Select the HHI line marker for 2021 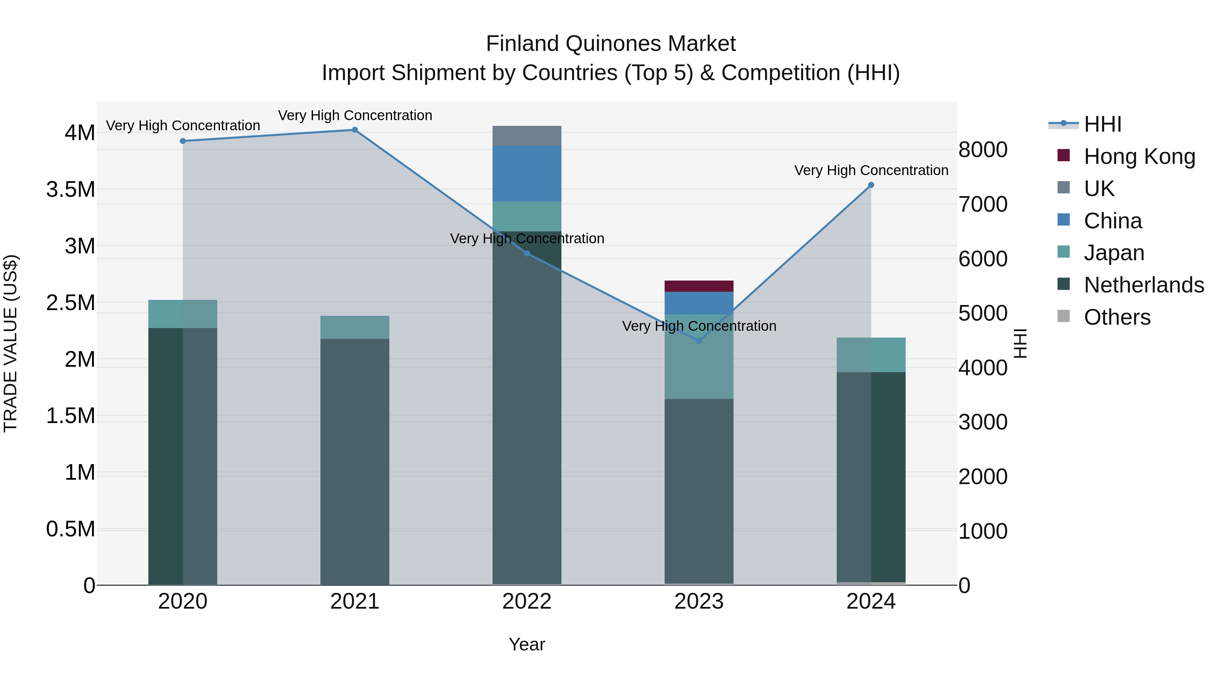[355, 130]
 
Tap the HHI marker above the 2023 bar [699, 340]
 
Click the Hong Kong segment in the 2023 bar [699, 286]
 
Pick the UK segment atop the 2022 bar [526, 136]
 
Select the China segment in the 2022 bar [526, 173]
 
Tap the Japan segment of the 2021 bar [355, 327]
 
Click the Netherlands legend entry [1143, 285]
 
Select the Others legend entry [1117, 317]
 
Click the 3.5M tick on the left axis [70, 190]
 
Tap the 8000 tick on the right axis [982, 150]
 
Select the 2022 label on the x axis [526, 602]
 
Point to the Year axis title [526, 644]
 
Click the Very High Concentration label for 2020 [183, 126]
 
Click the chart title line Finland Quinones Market [611, 44]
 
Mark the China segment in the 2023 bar [699, 303]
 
